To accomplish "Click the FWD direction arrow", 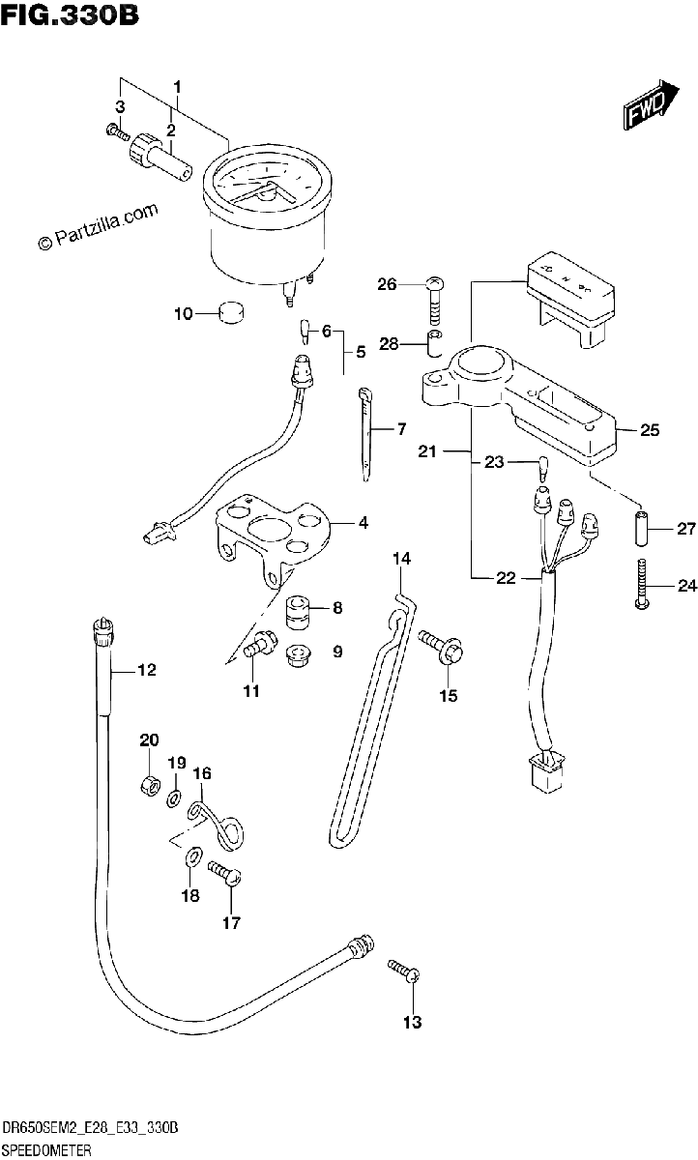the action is [x=652, y=105].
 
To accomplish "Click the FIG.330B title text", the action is [x=70, y=15].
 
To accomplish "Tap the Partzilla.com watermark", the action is [x=98, y=227].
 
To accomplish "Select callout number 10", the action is [x=183, y=314].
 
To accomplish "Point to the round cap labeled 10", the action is [x=232, y=313].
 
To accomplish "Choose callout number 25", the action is [x=650, y=430].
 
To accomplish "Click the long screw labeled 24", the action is [x=642, y=584].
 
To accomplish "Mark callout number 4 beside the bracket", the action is [x=364, y=523].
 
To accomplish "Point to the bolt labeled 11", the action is [x=260, y=644].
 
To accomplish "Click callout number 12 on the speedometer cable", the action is [x=147, y=670].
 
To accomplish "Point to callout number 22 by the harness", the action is [x=506, y=578].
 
